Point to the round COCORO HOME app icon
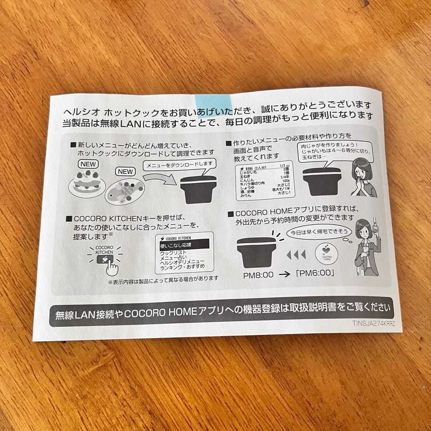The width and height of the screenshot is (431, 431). tap(327, 253)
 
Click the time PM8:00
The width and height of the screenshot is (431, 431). tap(258, 275)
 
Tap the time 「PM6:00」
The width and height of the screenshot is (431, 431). tap(315, 274)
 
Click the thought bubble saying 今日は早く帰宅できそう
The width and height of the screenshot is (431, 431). tap(318, 232)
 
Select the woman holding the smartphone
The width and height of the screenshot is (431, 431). tap(367, 247)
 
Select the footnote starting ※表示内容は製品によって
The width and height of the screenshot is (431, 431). tap(163, 278)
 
